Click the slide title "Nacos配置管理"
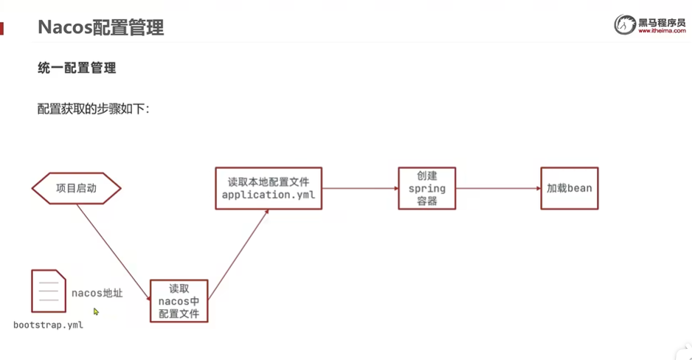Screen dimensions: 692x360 click(100, 28)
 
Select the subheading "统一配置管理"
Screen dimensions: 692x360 click(77, 69)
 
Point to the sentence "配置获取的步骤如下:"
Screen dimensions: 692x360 click(94, 109)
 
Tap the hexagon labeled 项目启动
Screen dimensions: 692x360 click(76, 188)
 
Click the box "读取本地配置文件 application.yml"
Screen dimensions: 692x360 click(269, 188)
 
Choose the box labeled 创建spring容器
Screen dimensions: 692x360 click(426, 188)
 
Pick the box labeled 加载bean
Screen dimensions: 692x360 click(569, 188)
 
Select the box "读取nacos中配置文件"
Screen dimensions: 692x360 click(179, 301)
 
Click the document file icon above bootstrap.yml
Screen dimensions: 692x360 click(49, 291)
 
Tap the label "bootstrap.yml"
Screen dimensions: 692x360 click(48, 325)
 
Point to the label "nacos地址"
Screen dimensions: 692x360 click(97, 294)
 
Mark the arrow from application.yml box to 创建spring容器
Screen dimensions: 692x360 click(360, 188)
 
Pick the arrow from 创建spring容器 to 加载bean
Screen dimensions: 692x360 click(498, 188)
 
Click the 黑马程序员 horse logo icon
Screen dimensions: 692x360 click(625, 24)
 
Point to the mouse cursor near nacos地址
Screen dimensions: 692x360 click(96, 312)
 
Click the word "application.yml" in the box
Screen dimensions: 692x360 click(269, 195)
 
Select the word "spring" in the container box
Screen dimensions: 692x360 click(426, 189)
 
